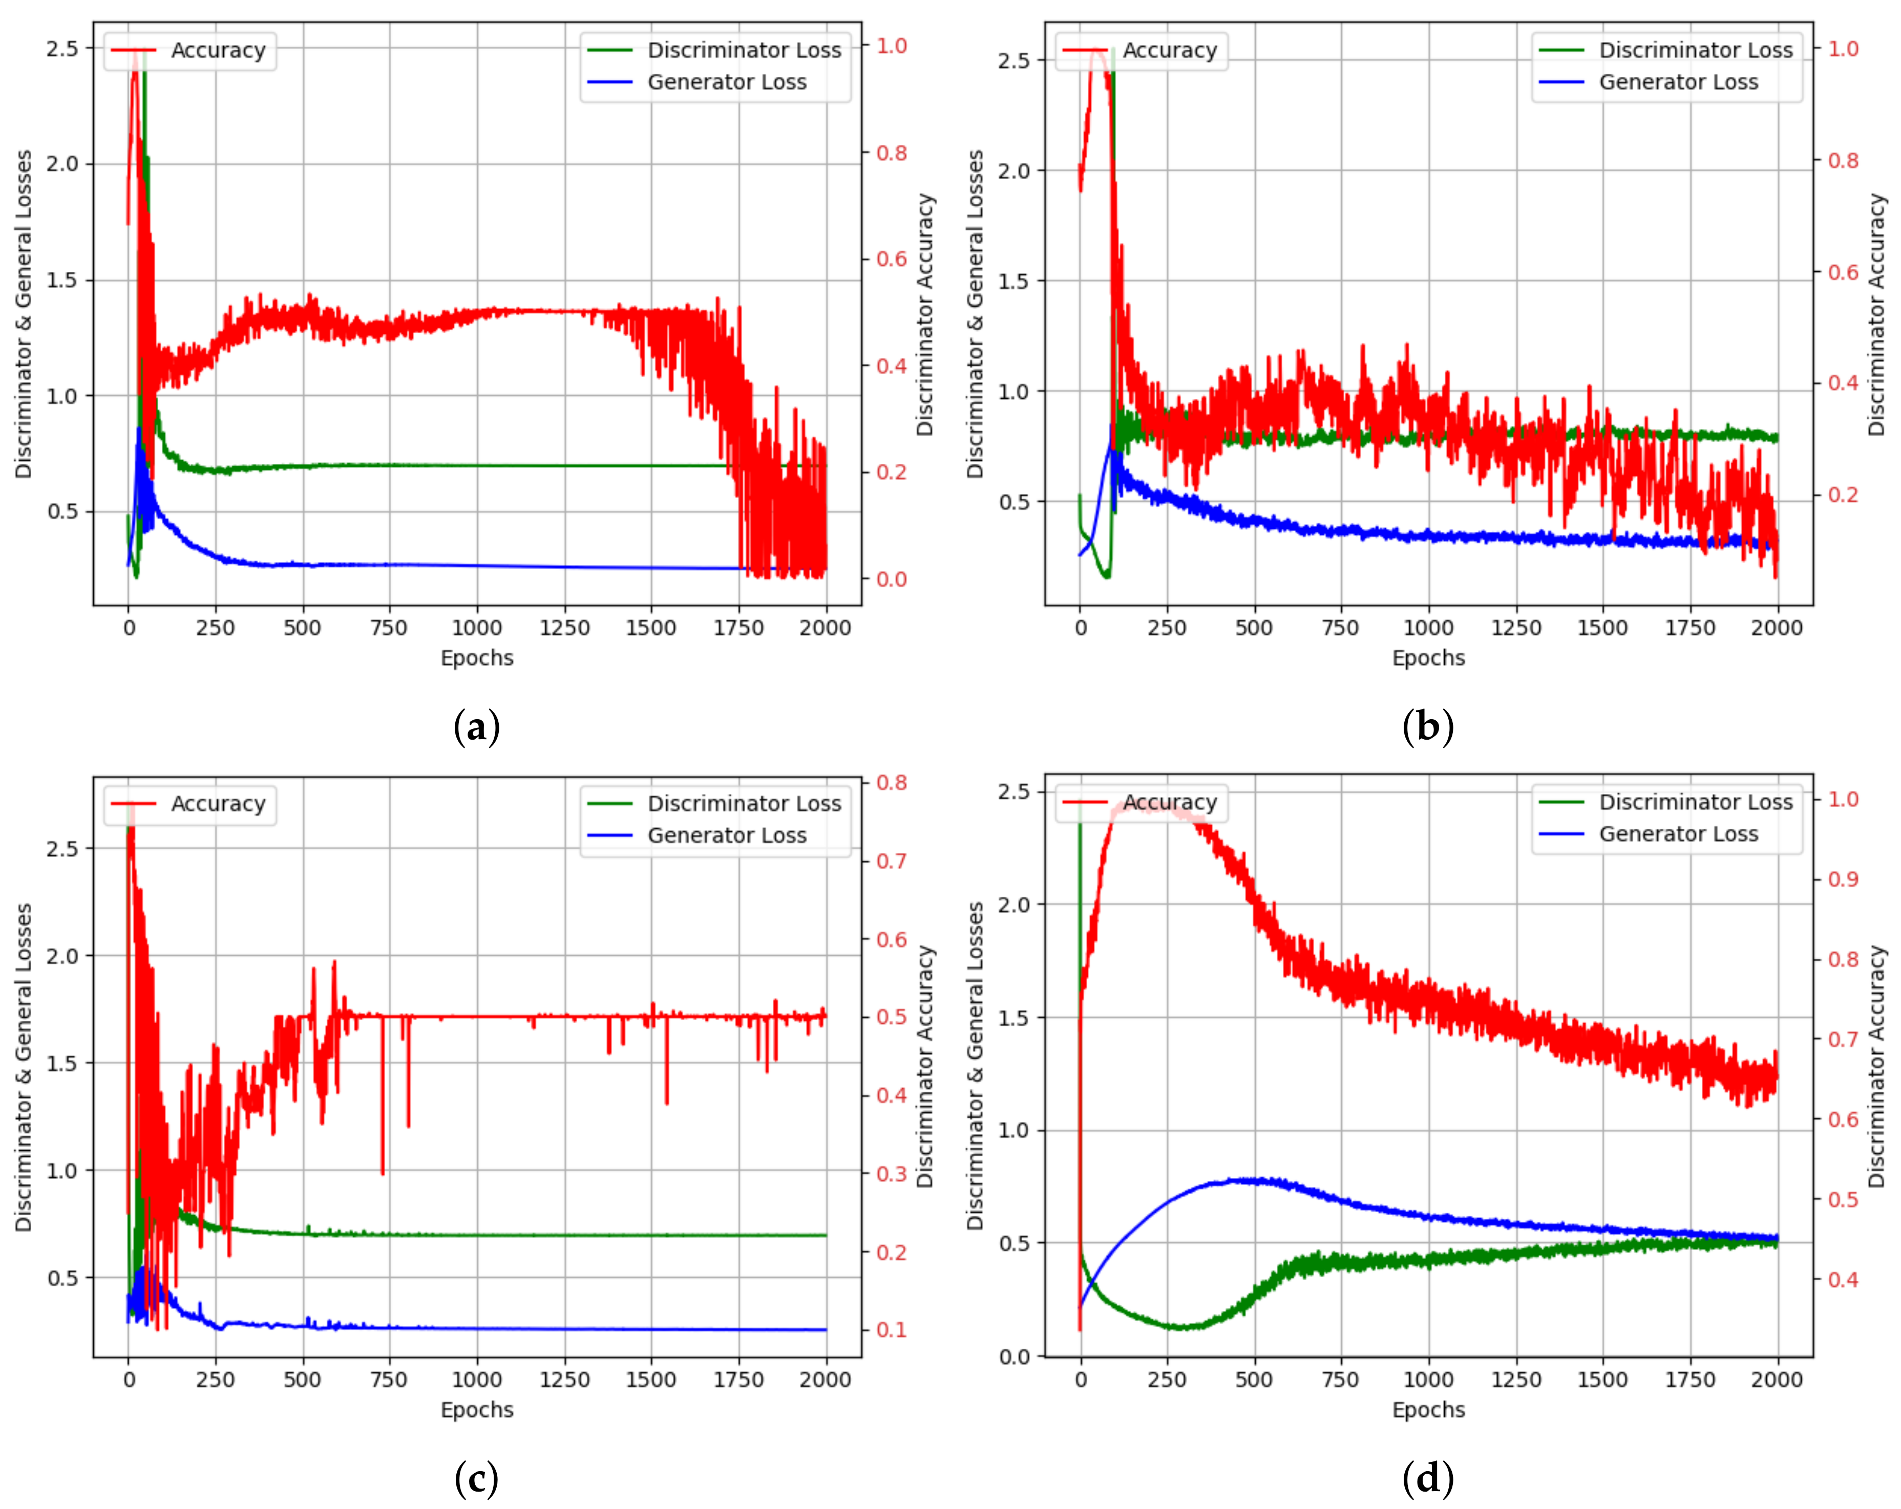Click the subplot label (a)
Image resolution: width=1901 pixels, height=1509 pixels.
pos(476,727)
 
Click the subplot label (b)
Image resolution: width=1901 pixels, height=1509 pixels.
pos(1427,727)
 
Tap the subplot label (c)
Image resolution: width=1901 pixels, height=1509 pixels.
pos(476,1479)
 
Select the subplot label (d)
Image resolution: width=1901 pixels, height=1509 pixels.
pos(1427,1479)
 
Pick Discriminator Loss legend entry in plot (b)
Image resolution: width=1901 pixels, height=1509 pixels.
pos(1695,50)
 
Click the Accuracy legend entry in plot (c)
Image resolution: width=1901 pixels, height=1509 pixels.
pos(217,804)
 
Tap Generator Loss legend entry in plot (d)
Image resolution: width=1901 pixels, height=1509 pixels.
pos(1677,834)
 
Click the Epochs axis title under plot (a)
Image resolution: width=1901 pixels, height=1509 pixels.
pos(476,658)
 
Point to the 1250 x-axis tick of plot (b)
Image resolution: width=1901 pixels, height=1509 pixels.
pos(1516,628)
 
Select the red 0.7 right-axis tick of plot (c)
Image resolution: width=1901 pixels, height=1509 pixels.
pos(892,861)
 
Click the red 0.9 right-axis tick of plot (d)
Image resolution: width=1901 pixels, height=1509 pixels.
pos(1843,879)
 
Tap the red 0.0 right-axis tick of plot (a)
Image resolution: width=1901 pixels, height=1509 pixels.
pos(892,579)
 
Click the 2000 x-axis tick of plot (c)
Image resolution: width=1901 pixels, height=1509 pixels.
pos(826,1379)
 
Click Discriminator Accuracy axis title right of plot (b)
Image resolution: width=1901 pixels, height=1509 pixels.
pos(1876,315)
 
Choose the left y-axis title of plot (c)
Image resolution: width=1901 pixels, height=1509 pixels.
pos(24,1067)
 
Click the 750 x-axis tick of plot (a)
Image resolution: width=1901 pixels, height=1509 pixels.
pos(389,628)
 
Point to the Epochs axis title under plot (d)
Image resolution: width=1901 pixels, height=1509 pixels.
pos(1427,1409)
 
